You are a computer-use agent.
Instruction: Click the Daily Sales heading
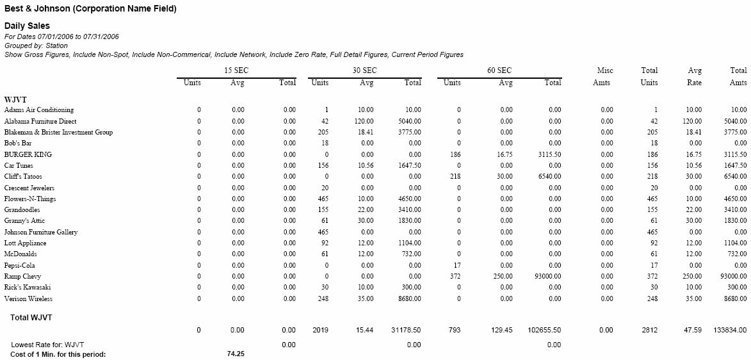28,26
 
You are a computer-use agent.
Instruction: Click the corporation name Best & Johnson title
90,8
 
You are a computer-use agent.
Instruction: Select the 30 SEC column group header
365,70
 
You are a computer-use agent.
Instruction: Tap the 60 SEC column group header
499,70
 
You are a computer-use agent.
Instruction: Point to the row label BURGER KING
28,154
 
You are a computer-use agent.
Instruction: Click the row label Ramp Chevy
22,276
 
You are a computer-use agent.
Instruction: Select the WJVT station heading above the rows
15,100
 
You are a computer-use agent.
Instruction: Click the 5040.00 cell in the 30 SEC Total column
410,121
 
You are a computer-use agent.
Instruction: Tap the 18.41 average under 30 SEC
366,133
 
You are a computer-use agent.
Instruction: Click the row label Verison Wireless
28,299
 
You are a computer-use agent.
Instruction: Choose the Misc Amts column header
605,77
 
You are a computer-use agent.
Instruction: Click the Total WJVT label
31,317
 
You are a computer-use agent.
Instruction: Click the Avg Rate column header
694,77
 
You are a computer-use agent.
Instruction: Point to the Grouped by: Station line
36,45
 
